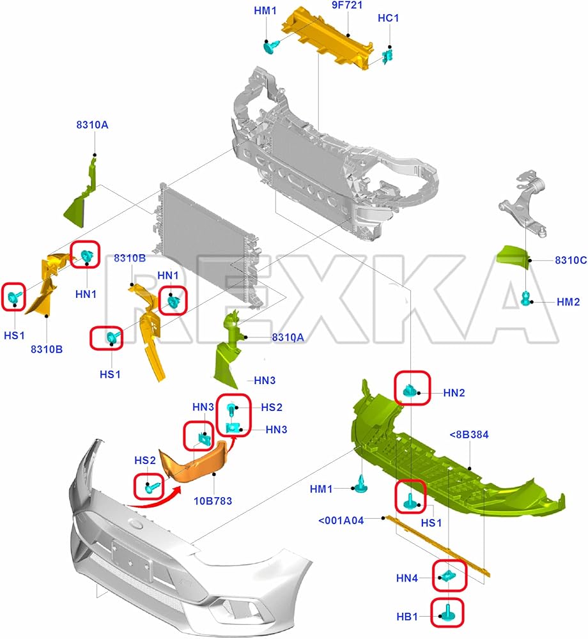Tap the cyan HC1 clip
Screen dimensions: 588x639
[x=387, y=56]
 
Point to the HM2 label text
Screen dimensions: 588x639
[x=568, y=302]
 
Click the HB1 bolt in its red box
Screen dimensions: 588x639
[x=446, y=614]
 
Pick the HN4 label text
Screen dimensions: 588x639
[x=406, y=579]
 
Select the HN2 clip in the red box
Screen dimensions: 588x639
[x=411, y=389]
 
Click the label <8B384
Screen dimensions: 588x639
[x=469, y=435]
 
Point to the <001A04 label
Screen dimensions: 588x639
[x=341, y=520]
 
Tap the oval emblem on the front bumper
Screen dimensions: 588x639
[x=136, y=523]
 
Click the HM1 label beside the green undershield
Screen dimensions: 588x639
[x=321, y=489]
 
